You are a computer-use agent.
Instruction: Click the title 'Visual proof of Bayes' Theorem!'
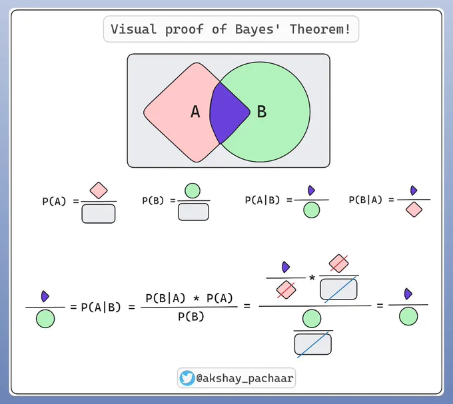230,30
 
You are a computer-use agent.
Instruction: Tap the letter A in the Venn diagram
195,112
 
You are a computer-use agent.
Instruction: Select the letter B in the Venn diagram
262,112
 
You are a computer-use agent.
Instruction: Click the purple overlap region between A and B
228,111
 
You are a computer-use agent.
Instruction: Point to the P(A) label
54,202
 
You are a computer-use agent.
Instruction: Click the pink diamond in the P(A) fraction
99,190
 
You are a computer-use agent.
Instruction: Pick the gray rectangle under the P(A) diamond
99,213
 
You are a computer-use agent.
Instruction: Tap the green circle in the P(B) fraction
193,190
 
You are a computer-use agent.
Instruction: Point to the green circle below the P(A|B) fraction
310,210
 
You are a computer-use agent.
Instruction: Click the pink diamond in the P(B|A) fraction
414,210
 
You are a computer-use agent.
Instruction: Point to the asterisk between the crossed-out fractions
312,276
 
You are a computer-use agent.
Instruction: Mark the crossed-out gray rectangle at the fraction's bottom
312,343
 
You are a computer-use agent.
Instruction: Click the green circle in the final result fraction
408,316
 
